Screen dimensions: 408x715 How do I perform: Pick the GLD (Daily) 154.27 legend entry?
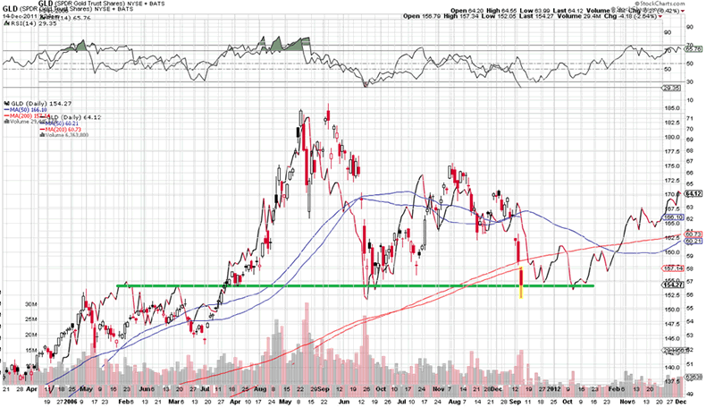pyautogui.click(x=32, y=102)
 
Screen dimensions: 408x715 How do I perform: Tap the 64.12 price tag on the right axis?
pyautogui.click(x=694, y=192)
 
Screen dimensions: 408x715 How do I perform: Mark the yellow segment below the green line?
pyautogui.click(x=520, y=292)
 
